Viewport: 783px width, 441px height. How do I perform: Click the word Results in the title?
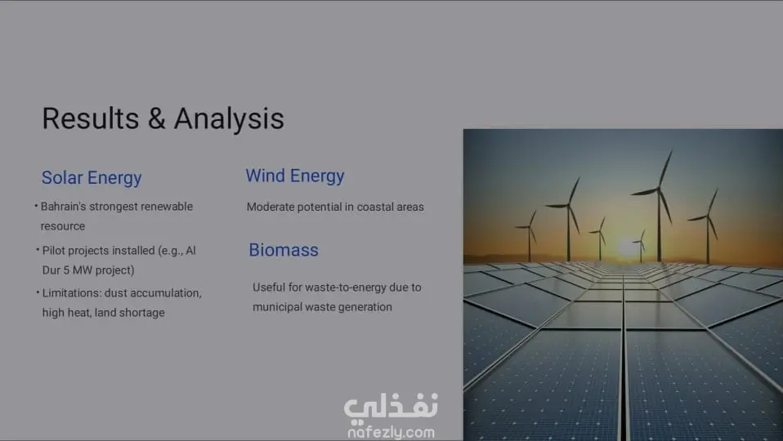click(x=91, y=118)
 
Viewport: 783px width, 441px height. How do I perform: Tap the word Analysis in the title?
click(x=229, y=118)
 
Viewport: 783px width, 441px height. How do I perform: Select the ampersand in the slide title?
click(x=156, y=118)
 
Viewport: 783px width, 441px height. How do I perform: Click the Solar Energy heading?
click(x=92, y=178)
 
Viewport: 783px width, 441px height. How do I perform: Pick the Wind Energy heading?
click(x=294, y=176)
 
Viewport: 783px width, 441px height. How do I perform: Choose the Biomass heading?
click(x=283, y=250)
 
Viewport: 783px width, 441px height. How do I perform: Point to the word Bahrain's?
click(x=64, y=207)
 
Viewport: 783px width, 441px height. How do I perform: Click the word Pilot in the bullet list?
click(x=53, y=251)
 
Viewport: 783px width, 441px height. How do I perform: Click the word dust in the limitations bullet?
click(x=116, y=293)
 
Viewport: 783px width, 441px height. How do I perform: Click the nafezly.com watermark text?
click(x=391, y=432)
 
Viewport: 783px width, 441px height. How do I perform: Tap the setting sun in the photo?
click(x=629, y=248)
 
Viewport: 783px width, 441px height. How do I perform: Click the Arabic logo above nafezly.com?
click(x=391, y=407)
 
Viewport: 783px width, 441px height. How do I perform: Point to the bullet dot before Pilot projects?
click(x=38, y=249)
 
